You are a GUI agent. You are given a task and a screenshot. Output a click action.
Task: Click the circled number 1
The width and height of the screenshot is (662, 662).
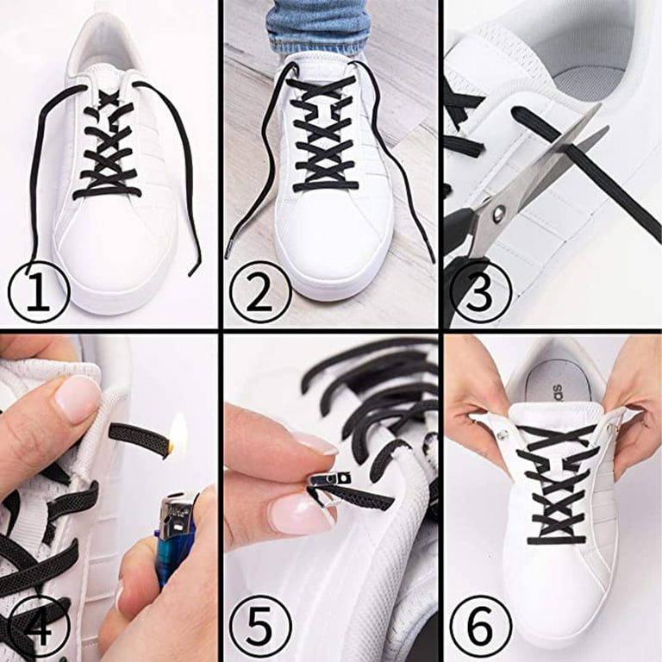pyautogui.click(x=39, y=291)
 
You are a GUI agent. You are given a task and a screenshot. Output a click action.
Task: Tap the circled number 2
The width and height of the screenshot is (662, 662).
pyautogui.click(x=260, y=292)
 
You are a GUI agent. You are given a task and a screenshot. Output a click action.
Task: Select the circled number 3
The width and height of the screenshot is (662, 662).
pyautogui.click(x=481, y=292)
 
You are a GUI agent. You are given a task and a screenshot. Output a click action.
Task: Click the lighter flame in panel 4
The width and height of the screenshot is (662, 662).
pyautogui.click(x=178, y=432)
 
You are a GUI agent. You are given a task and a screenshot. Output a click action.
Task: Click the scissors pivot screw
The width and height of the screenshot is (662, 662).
pyautogui.click(x=500, y=212)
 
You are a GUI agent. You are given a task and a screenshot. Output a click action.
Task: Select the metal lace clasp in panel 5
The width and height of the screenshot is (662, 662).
pyautogui.click(x=330, y=485)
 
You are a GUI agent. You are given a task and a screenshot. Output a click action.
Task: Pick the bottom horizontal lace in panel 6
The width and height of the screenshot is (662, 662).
pyautogui.click(x=557, y=540)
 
